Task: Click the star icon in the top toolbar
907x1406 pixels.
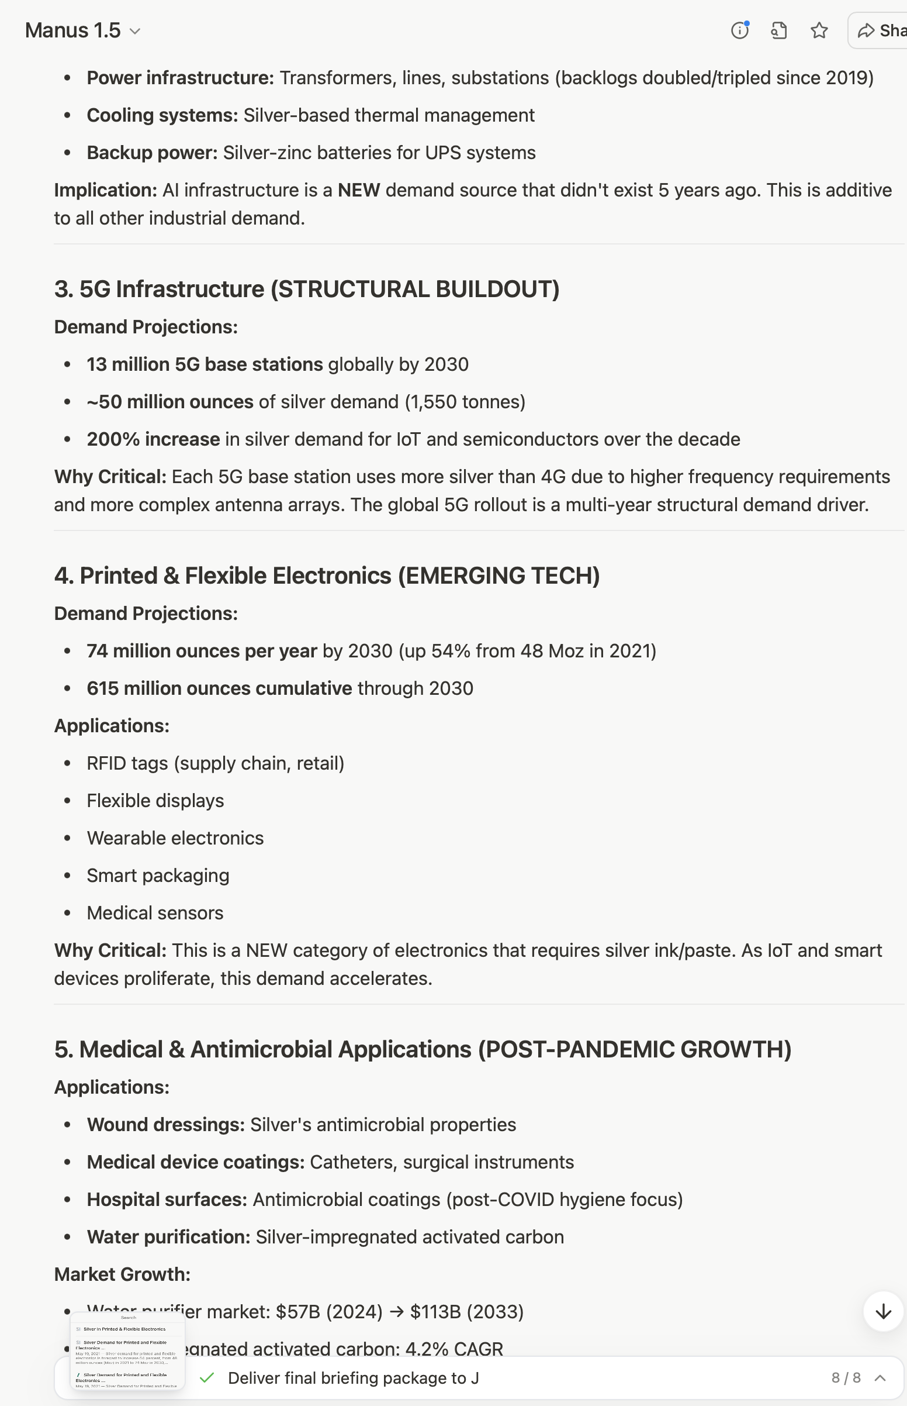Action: (x=819, y=30)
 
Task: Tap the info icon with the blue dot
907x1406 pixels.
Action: (x=740, y=30)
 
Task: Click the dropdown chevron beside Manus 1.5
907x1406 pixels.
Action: (x=135, y=31)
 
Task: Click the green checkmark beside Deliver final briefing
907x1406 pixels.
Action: (x=206, y=1378)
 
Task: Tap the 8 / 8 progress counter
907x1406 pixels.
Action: (x=846, y=1378)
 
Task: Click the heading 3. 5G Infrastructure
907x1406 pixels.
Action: (x=306, y=290)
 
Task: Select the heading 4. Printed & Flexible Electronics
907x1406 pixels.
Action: (x=327, y=576)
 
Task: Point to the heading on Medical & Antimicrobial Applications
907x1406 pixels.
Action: (x=423, y=1049)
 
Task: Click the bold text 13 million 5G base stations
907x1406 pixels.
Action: (x=205, y=364)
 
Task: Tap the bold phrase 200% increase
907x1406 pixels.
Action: (x=153, y=439)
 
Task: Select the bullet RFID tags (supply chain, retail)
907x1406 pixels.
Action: (x=215, y=763)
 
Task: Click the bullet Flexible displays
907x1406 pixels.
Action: (x=155, y=801)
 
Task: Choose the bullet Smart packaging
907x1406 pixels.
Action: (x=158, y=876)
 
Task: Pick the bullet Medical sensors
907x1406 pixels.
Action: (x=155, y=913)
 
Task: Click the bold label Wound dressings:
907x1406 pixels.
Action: (x=165, y=1124)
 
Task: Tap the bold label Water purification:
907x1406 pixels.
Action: (x=168, y=1237)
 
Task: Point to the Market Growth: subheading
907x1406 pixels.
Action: (x=122, y=1274)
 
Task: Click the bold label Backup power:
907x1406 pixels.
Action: (x=152, y=153)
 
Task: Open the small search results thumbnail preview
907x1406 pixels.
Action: (x=128, y=1351)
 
